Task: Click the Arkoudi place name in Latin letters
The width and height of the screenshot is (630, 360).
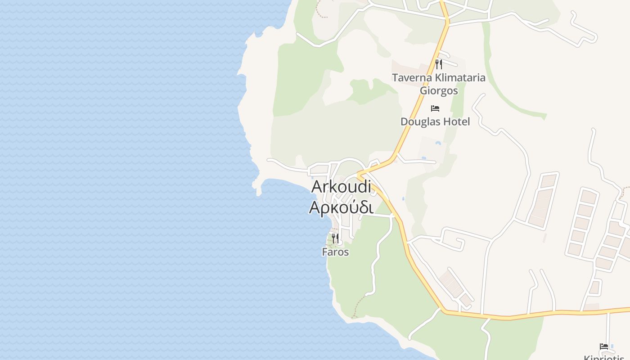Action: (x=341, y=186)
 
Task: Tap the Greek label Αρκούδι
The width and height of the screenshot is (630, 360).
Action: (x=341, y=207)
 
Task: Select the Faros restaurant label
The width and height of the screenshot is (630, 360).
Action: (x=335, y=252)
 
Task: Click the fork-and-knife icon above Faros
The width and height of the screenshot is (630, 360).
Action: (x=335, y=238)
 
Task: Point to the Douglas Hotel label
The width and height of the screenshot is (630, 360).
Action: (x=435, y=121)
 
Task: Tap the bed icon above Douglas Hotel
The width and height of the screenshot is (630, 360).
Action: (x=435, y=108)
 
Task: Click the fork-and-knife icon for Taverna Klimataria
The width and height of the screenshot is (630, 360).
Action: (x=439, y=64)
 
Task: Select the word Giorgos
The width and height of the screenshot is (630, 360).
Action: (x=439, y=90)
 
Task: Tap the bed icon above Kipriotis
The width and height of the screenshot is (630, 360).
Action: (x=604, y=346)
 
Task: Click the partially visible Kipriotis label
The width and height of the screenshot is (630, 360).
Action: (x=605, y=357)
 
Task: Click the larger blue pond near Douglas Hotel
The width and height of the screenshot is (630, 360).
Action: (x=438, y=144)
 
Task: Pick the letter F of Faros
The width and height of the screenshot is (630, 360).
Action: (x=324, y=252)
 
